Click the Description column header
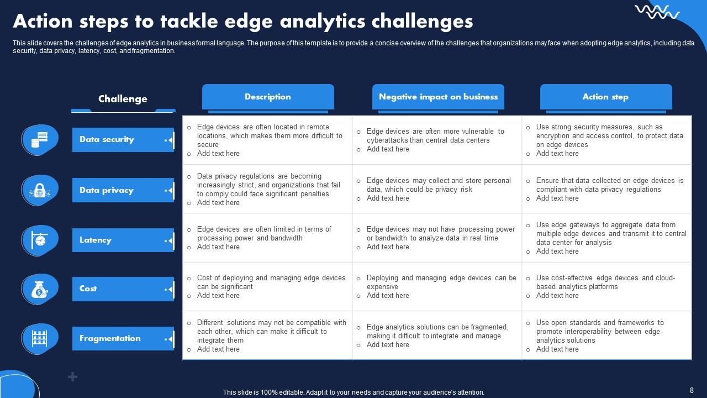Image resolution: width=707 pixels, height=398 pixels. coord(268,97)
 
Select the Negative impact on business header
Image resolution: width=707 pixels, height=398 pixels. coord(438,97)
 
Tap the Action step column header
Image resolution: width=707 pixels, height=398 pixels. coord(605,97)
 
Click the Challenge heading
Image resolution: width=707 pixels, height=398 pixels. coord(123,99)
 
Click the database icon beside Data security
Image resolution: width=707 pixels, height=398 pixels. coord(39,140)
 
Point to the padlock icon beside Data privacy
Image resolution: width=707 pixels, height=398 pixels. coord(39,190)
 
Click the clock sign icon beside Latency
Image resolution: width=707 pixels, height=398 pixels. coord(39,240)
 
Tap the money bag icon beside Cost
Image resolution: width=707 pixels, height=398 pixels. coord(39,289)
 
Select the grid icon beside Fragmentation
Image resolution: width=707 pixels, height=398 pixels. coord(39,338)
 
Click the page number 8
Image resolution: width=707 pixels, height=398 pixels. coord(692,390)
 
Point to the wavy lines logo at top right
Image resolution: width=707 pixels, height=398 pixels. coord(657,12)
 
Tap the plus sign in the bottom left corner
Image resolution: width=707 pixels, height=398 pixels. coord(72,377)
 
